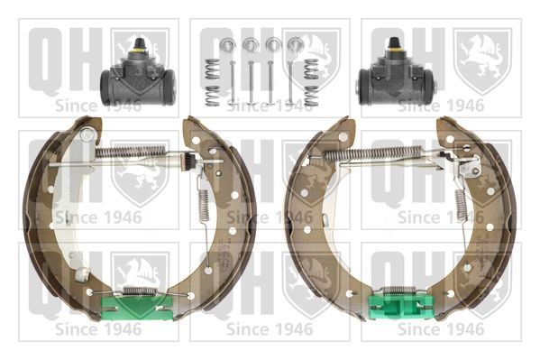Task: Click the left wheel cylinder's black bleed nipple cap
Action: [139, 43]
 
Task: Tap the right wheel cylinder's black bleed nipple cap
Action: [394, 42]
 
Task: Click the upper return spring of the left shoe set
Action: [130, 152]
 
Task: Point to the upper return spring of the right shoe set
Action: [373, 153]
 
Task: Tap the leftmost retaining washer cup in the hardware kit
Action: [226, 44]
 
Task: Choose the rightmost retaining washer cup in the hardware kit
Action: [296, 44]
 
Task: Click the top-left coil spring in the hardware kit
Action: [212, 69]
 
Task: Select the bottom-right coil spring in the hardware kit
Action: [311, 96]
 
